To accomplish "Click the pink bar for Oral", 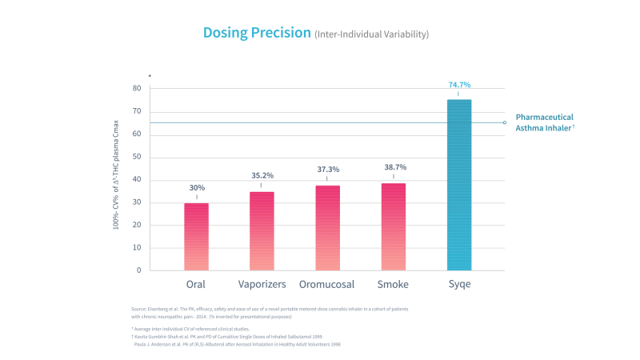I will pyautogui.click(x=196, y=236).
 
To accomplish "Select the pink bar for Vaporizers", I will pyautogui.click(x=262, y=230).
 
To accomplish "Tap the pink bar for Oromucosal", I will pyautogui.click(x=327, y=227).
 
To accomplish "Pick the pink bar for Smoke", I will pyautogui.click(x=393, y=226).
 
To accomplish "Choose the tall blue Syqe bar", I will pyautogui.click(x=458, y=185).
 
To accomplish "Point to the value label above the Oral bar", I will pyautogui.click(x=196, y=188).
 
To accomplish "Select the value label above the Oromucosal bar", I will pyautogui.click(x=328, y=170).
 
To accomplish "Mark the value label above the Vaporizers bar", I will pyautogui.click(x=262, y=176).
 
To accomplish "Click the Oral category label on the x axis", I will pyautogui.click(x=196, y=284).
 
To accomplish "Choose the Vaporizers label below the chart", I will pyautogui.click(x=262, y=284).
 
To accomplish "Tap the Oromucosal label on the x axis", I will pyautogui.click(x=327, y=284).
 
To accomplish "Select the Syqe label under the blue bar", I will pyautogui.click(x=458, y=284).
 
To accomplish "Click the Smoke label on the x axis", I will pyautogui.click(x=393, y=284).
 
